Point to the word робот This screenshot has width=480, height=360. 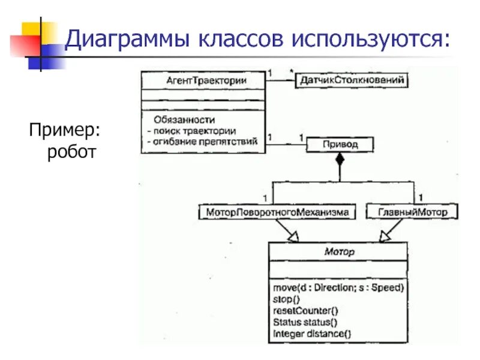click(x=71, y=152)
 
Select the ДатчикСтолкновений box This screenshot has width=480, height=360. click(x=352, y=80)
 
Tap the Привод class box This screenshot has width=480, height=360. click(x=340, y=145)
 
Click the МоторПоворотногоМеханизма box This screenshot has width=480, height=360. click(x=277, y=212)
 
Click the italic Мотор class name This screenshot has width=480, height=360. click(x=338, y=252)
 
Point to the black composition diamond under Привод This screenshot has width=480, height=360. click(x=340, y=160)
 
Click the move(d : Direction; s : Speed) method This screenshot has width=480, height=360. click(x=337, y=287)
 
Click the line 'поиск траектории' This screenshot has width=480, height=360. click(x=194, y=130)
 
